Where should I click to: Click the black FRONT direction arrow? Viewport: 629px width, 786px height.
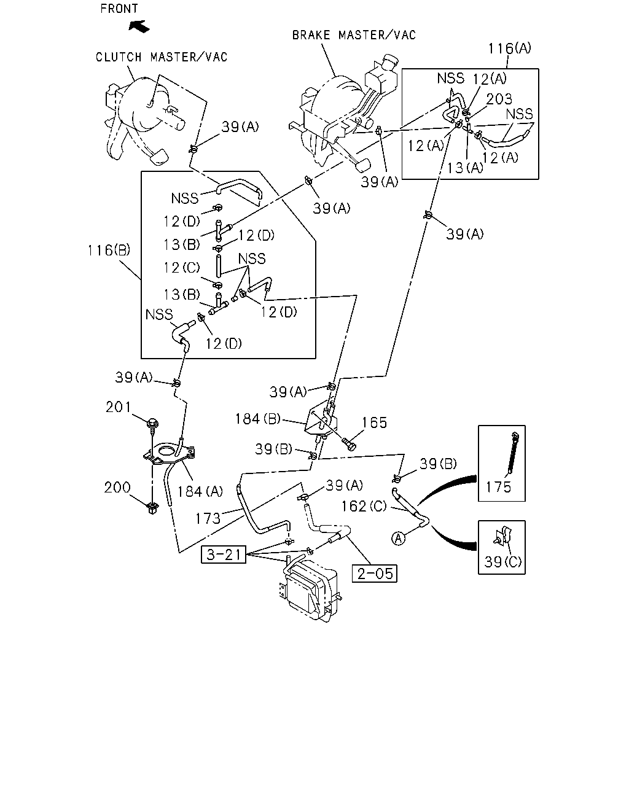tap(139, 26)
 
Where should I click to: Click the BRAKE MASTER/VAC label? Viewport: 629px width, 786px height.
tap(354, 35)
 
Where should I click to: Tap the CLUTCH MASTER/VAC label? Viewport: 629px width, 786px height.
tap(162, 57)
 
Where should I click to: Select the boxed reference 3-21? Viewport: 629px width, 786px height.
tap(224, 554)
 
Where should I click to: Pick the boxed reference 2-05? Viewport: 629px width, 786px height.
tap(374, 574)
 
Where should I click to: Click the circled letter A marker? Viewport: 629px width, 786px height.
tap(399, 539)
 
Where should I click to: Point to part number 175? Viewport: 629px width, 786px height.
tap(498, 487)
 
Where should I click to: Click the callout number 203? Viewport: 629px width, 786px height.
tap(499, 99)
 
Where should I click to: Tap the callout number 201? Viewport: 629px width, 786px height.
tap(118, 407)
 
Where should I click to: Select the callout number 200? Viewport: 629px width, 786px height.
tap(117, 487)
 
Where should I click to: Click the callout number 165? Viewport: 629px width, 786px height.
tap(374, 422)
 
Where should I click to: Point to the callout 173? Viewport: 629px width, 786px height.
tap(208, 518)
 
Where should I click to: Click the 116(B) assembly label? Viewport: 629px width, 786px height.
tap(109, 251)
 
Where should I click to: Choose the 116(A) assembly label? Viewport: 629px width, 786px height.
tap(510, 48)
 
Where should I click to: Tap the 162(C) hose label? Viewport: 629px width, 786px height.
tap(364, 506)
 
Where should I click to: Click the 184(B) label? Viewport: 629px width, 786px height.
tap(257, 419)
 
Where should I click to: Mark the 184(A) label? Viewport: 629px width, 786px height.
tap(200, 492)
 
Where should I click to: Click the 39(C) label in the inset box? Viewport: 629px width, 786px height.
tap(503, 562)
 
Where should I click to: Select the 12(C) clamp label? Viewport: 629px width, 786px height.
tap(182, 268)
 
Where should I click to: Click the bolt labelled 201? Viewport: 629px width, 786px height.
tap(152, 424)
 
